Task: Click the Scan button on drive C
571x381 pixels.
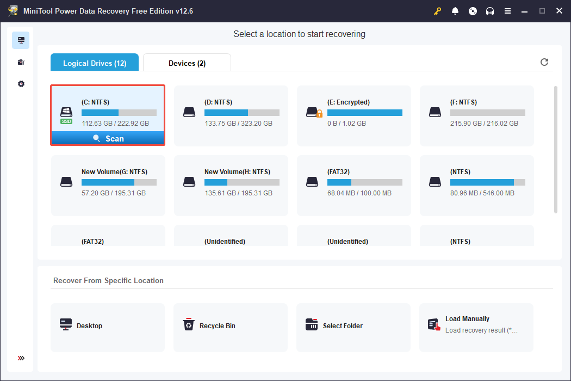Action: [108, 139]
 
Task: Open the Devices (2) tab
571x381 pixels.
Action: [187, 63]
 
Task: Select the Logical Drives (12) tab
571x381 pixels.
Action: [95, 63]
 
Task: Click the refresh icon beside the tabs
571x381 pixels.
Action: [544, 62]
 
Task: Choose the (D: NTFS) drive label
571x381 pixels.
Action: [219, 102]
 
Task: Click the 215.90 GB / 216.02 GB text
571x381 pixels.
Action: [484, 124]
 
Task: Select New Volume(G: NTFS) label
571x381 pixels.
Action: [114, 171]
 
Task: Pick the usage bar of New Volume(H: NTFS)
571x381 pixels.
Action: [241, 182]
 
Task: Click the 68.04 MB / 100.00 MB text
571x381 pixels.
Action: [359, 193]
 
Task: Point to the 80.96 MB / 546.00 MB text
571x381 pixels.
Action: [482, 193]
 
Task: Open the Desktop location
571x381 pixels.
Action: [89, 326]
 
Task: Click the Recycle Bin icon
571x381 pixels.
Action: [188, 325]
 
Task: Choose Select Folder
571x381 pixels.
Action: [343, 326]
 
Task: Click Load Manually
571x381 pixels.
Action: [467, 319]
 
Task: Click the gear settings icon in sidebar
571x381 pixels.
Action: [21, 84]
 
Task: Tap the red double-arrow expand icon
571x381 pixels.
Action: [21, 358]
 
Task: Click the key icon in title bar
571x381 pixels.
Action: [438, 11]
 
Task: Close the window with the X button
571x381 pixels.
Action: [558, 11]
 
